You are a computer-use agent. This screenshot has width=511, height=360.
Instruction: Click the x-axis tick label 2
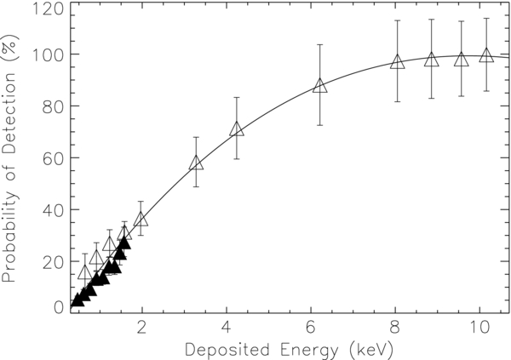(142, 326)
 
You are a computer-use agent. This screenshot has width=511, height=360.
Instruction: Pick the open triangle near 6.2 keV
(320, 86)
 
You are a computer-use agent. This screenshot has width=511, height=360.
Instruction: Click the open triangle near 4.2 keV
(237, 129)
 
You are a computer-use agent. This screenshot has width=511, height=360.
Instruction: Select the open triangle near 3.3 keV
(197, 163)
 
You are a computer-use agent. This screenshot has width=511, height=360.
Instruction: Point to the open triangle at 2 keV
(141, 220)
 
